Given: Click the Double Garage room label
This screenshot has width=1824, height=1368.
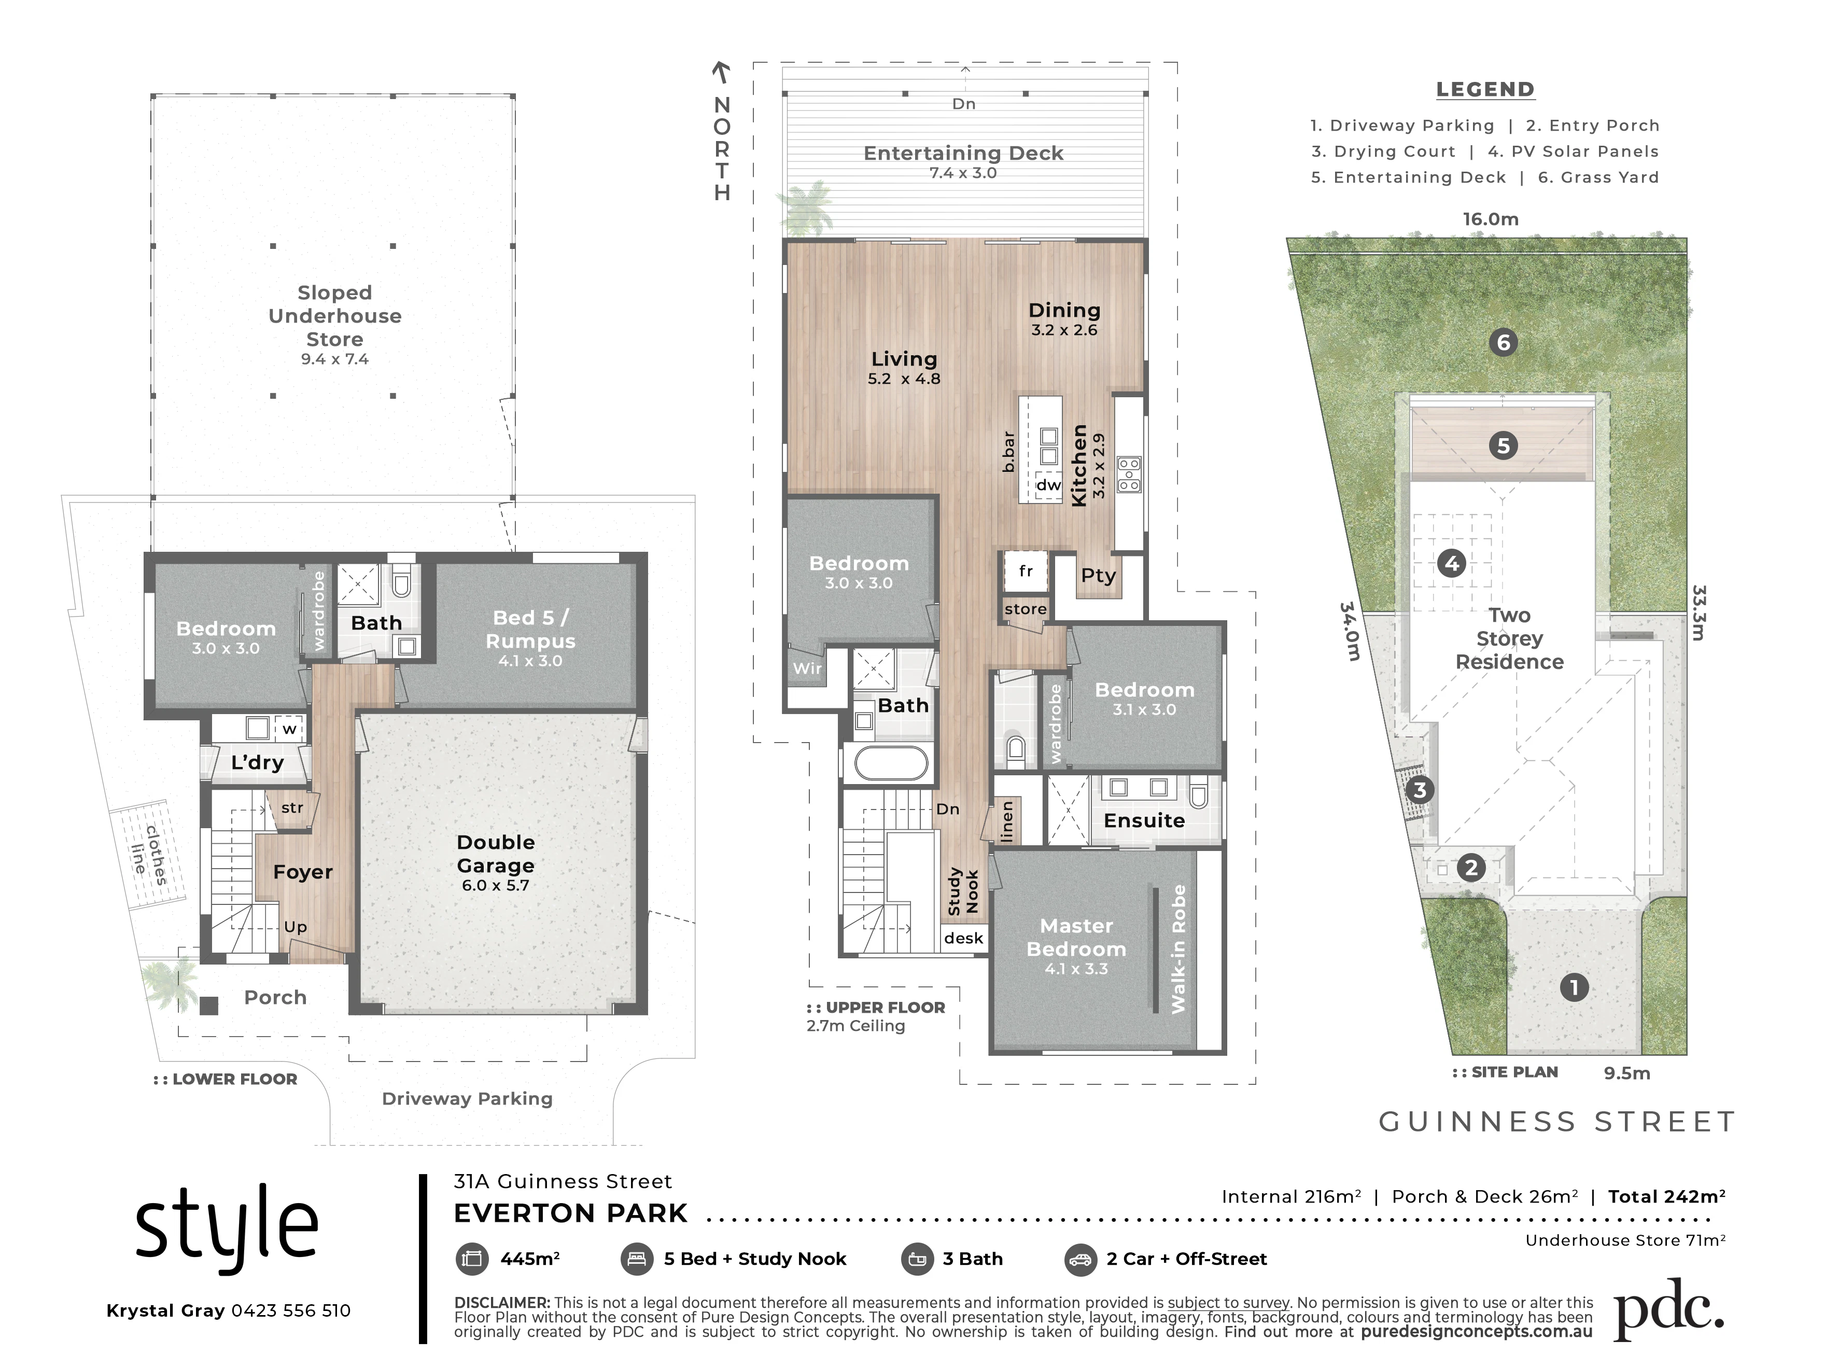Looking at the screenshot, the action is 496,854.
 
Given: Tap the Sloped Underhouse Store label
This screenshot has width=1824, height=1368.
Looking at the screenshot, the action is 335,316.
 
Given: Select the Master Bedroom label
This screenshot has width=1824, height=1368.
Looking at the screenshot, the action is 1076,938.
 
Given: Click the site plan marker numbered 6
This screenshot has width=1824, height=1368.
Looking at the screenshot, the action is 1503,342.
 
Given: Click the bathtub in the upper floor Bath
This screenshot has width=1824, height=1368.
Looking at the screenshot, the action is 891,763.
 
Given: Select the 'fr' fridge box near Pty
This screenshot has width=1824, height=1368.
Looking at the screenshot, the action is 1026,571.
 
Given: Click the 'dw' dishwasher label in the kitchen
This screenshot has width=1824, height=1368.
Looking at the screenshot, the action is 1048,485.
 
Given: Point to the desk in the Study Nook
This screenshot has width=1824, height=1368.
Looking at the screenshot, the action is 964,939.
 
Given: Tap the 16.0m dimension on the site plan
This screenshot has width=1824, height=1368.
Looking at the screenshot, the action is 1491,219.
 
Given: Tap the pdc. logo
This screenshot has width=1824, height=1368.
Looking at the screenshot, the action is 1668,1310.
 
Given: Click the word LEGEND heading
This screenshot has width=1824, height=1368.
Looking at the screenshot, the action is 1485,89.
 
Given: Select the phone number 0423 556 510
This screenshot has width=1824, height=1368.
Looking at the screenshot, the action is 291,1311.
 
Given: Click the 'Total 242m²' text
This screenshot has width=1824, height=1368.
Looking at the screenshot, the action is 1666,1196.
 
